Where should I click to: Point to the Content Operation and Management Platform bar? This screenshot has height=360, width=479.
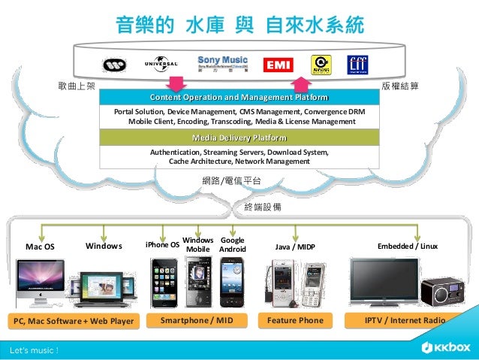click(239, 98)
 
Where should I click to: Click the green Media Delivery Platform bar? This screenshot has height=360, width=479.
click(239, 138)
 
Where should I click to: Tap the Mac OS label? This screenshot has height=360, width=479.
click(40, 246)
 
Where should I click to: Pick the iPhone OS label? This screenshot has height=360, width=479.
click(161, 245)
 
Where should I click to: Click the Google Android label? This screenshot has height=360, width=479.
click(232, 244)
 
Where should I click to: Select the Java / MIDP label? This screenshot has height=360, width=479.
click(296, 246)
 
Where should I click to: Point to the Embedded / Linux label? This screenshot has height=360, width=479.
click(407, 246)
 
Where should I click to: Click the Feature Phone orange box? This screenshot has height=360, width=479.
click(295, 321)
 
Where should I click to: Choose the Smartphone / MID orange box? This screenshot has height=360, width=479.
click(197, 321)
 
